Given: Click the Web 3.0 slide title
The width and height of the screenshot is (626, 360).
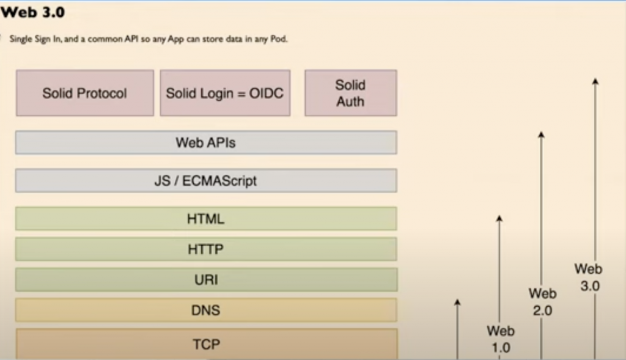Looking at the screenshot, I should click(34, 13).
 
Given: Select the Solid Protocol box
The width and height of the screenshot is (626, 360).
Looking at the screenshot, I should click(84, 93).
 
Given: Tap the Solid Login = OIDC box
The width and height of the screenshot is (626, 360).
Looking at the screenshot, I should click(224, 93).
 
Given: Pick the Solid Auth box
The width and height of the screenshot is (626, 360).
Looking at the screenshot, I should click(350, 93).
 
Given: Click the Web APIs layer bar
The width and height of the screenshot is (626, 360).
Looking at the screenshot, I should click(205, 142).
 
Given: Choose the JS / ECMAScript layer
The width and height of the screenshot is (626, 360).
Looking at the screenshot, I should click(205, 181).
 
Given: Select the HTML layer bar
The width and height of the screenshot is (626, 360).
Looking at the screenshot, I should click(205, 219).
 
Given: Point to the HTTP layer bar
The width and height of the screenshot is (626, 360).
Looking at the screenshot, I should click(205, 249).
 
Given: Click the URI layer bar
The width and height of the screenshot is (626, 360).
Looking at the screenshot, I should click(205, 280).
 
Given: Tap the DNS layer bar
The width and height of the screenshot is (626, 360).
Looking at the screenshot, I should click(205, 310).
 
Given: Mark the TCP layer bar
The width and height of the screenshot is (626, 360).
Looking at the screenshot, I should click(205, 344).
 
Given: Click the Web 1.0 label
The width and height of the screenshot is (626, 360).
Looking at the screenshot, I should click(500, 339).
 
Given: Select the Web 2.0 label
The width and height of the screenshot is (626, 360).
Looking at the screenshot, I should click(542, 302).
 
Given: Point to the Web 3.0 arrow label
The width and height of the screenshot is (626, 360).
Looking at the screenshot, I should click(589, 277).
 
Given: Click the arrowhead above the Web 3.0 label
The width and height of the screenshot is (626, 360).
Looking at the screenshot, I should click(595, 81).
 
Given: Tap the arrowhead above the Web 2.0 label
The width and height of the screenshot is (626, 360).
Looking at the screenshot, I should click(541, 134).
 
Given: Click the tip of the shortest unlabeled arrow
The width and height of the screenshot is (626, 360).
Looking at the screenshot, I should click(457, 302).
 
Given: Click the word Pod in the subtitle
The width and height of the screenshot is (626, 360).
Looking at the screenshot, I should click(279, 39).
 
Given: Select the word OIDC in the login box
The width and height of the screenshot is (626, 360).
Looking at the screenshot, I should click(267, 94).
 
